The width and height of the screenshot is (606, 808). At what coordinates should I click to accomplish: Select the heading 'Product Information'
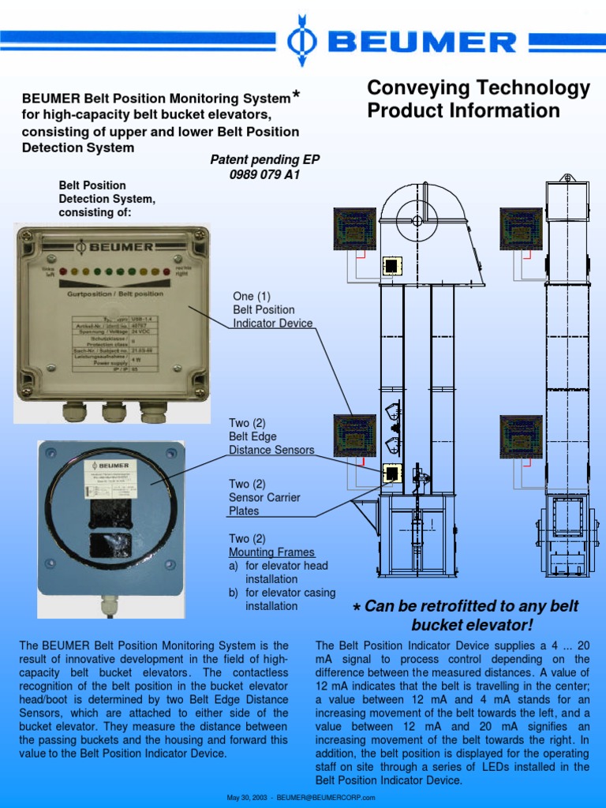463,110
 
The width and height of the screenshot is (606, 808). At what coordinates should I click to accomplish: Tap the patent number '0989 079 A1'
264,174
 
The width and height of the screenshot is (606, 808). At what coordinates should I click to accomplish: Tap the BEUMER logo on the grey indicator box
114,247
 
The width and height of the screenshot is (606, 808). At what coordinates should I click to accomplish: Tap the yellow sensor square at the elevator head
391,266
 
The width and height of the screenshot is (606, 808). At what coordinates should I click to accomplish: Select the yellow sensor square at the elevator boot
391,473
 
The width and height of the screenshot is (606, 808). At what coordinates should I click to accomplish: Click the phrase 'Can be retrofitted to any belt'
471,606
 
